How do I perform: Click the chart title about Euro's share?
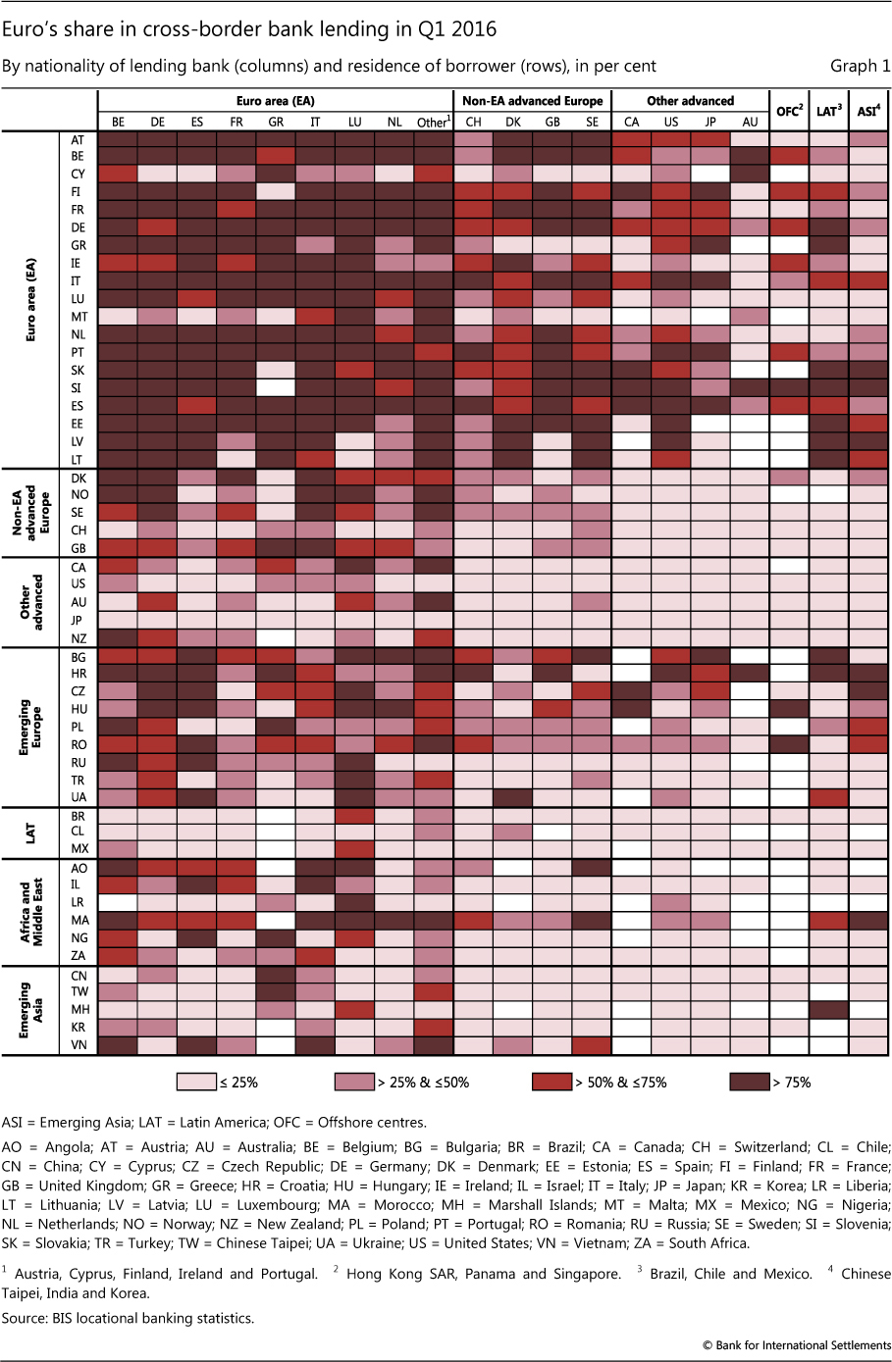249,29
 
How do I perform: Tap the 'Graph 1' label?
860,66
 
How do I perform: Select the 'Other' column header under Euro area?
433,123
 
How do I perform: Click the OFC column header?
789,111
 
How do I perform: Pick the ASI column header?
867,111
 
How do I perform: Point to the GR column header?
276,123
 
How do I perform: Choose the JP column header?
710,123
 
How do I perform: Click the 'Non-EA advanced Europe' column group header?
532,101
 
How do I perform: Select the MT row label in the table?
79,317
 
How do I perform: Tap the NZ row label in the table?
79,637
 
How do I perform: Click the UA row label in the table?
79,797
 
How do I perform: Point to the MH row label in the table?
79,1009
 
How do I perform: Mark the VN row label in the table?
79,1045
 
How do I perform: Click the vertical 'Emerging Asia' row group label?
30,1010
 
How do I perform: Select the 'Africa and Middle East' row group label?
30,911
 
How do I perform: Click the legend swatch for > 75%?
749,1082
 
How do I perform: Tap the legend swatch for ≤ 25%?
196,1082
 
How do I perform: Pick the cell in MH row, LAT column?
828,1009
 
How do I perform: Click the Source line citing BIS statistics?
128,1318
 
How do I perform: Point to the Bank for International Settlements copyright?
796,1345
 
